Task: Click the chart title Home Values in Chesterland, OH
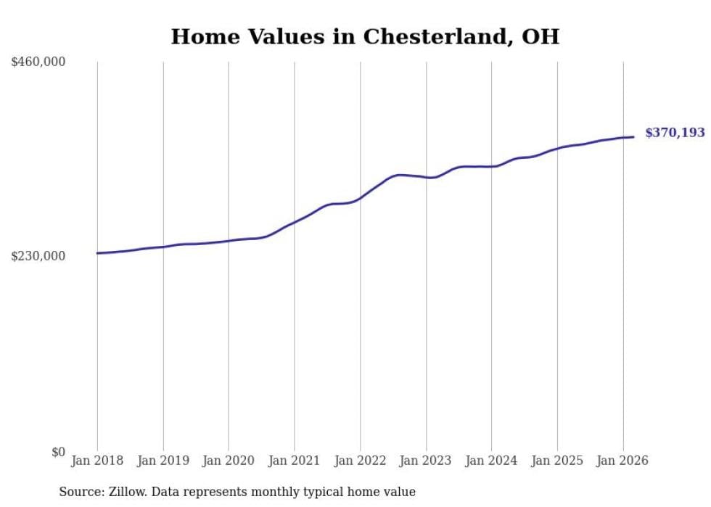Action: (x=365, y=37)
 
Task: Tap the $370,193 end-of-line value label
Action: (x=675, y=133)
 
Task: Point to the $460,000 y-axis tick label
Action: (x=38, y=62)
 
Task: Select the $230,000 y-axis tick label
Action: (x=38, y=256)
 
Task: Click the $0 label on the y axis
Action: (x=58, y=452)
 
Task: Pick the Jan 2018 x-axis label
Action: (x=97, y=461)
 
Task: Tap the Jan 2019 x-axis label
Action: (x=163, y=461)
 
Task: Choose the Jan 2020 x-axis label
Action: (x=229, y=461)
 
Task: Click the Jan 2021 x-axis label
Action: (x=295, y=461)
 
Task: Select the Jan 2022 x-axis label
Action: (x=360, y=461)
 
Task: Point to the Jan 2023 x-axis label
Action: (x=426, y=461)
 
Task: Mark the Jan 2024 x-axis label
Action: (x=491, y=461)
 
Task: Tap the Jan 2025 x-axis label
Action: (x=557, y=461)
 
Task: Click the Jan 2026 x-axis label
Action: (x=622, y=461)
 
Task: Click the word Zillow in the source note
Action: (x=126, y=492)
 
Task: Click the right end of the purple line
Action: (x=633, y=137)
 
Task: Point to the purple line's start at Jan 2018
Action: (x=97, y=253)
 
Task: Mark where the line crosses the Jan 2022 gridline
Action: (x=360, y=197)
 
